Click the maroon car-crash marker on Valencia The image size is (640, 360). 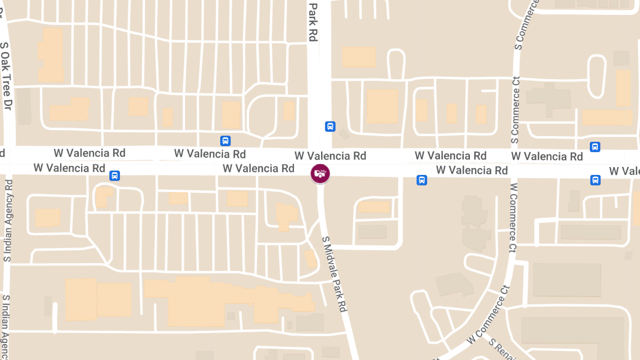click(321, 173)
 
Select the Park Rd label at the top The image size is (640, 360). click(313, 21)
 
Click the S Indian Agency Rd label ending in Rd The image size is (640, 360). click(8, 220)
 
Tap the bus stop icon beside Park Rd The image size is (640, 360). click(330, 126)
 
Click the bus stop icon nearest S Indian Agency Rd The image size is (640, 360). click(114, 175)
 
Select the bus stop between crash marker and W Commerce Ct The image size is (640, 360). click(421, 180)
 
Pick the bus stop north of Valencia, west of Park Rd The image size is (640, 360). click(226, 141)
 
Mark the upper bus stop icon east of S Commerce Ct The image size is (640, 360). click(595, 147)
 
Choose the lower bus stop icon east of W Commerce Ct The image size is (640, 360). click(595, 180)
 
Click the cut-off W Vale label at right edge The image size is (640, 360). click(625, 171)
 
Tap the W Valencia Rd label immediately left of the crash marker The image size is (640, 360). click(259, 169)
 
